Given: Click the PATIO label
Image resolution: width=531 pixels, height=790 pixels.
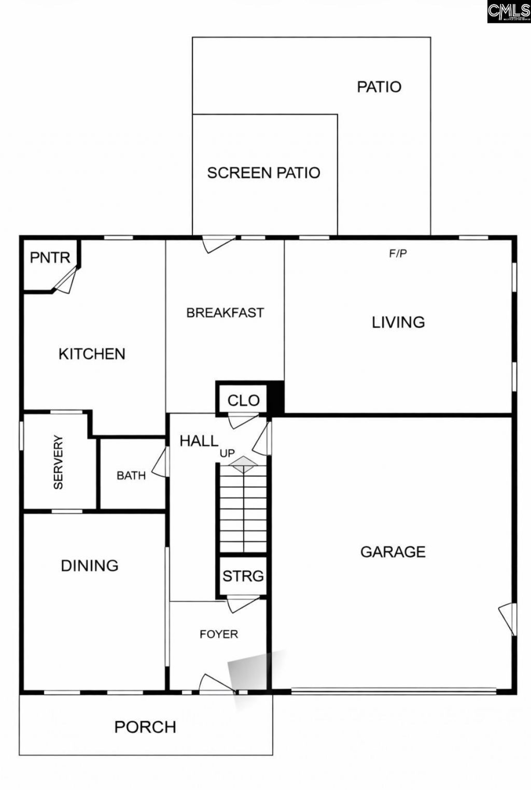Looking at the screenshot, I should tap(379, 87).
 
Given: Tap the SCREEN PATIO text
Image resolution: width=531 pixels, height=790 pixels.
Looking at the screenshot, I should tap(263, 173).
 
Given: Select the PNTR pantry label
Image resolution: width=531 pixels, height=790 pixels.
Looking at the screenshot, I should tap(50, 258).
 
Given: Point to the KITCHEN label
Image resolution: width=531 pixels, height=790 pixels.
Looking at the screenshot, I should tap(92, 354).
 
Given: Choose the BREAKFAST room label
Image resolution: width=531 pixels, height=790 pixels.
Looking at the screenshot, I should tap(225, 313).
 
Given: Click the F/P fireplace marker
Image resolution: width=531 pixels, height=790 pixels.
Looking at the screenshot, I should tap(398, 253).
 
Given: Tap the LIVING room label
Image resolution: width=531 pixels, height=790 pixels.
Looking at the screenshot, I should tap(398, 322).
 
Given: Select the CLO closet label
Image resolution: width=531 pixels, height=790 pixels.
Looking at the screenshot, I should tap(243, 400).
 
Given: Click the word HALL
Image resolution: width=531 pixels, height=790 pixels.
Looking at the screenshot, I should tap(199, 441).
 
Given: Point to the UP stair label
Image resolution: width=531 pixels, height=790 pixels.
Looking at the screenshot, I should tap(227, 453).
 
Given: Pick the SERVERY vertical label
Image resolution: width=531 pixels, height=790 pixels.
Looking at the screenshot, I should tap(58, 462).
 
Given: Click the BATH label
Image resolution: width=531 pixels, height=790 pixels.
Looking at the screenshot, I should tap(131, 475).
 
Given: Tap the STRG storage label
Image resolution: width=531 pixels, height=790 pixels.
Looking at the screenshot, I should tap(243, 576).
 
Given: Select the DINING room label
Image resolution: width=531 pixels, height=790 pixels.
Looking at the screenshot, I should tap(90, 566).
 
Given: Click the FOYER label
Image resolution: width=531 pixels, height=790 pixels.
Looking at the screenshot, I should tap(219, 634).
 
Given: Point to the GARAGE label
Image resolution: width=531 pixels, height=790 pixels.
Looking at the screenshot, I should tap(393, 552).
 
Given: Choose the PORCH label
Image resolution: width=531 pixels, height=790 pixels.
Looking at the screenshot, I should tap(145, 727).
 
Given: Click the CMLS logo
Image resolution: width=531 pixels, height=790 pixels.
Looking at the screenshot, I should tap(509, 11).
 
